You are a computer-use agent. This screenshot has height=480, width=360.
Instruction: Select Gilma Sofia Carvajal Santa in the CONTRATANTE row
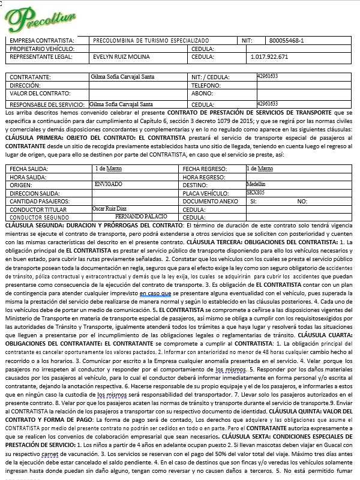click(121, 78)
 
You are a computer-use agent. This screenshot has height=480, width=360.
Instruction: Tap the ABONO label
click(203, 94)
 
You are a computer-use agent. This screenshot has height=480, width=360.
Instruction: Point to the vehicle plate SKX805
click(255, 192)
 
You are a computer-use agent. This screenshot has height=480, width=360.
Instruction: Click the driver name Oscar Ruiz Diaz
click(106, 208)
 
